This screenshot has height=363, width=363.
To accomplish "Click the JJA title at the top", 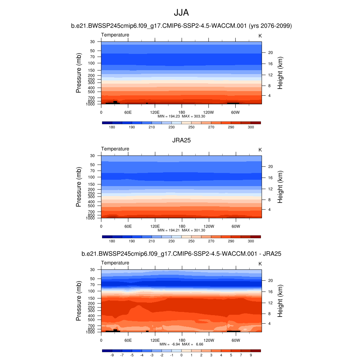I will coord(181,13).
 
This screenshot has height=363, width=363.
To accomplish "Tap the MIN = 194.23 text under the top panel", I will coord(169,116).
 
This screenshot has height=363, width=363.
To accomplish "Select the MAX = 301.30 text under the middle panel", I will coord(195,230).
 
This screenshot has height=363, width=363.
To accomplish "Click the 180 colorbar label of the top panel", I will coord(112,127).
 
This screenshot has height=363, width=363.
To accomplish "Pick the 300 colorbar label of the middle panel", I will coord(251,241).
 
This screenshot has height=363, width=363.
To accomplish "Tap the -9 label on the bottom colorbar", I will coord(112,355).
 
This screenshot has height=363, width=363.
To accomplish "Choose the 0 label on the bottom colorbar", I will coord(181,355).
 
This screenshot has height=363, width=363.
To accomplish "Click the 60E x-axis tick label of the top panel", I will coord(128,112).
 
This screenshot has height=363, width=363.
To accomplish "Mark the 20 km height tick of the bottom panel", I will coord(270,280).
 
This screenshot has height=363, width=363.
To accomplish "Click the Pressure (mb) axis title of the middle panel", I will coord(79,187).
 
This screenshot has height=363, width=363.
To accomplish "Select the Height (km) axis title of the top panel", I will coord(280,73).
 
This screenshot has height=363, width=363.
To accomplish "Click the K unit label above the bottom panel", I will coord(260,264).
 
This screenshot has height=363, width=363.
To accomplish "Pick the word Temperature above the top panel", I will coord(115,35).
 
